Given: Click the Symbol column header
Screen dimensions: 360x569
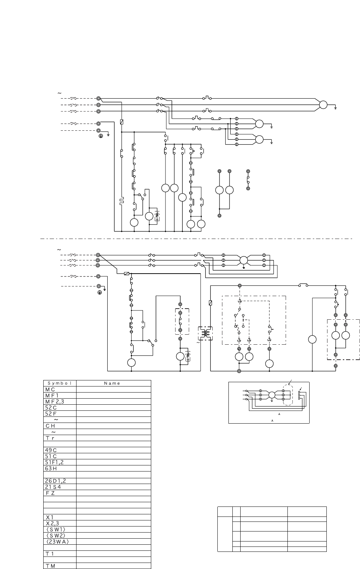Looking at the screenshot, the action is click(60, 383).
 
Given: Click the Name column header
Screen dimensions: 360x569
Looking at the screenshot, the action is click(112, 383).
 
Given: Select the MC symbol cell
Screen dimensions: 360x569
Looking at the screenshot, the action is click(50, 389).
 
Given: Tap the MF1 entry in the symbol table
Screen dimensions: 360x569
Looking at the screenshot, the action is click(52, 395).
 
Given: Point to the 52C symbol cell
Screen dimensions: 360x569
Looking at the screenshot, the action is click(51, 408).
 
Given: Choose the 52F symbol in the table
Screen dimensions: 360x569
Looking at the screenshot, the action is click(51, 414).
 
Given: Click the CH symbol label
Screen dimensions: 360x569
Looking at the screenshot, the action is click(50, 426).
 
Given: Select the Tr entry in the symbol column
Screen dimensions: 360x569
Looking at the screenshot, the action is click(50, 438).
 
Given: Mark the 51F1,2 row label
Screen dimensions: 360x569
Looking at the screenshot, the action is click(54, 463).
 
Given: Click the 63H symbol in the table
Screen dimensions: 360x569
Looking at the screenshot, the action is click(51, 469).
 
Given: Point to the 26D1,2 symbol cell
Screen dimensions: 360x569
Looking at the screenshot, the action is click(55, 481).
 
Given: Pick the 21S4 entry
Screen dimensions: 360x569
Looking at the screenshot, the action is click(53, 487).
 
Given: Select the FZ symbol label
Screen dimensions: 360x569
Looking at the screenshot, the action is click(50, 493).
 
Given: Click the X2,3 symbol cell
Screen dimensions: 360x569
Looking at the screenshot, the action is click(52, 524).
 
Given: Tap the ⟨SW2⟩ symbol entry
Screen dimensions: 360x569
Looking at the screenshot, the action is click(56, 536).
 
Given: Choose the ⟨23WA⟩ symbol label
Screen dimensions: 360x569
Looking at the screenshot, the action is click(58, 542).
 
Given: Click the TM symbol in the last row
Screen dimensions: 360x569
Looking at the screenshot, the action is click(50, 566).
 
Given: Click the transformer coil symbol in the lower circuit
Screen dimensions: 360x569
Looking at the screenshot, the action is click(205, 333).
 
